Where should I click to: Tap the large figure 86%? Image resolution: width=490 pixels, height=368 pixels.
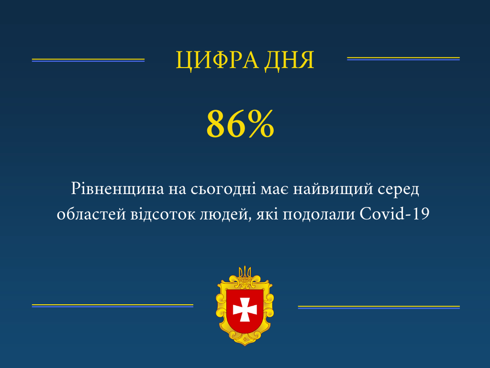tap(240, 124)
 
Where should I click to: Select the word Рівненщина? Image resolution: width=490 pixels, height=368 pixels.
tap(117, 189)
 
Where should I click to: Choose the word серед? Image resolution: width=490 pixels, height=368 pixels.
tap(399, 190)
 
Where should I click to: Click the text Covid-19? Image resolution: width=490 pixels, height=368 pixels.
tap(395, 215)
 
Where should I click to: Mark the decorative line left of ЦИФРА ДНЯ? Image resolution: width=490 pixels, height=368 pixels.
tap(88, 60)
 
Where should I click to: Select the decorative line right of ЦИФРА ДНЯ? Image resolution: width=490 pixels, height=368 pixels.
tap(403, 58)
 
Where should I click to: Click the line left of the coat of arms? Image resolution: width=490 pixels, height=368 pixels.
tap(112, 305)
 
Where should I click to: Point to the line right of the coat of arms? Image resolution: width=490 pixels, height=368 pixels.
tap(379, 307)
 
